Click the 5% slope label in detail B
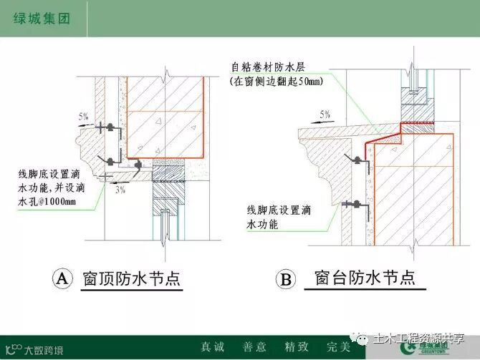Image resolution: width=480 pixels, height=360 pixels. click(x=325, y=114)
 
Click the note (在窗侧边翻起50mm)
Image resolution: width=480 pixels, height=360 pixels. click(x=276, y=82)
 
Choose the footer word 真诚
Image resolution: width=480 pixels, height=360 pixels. click(x=212, y=346)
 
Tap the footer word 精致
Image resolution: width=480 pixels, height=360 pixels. click(x=296, y=346)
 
